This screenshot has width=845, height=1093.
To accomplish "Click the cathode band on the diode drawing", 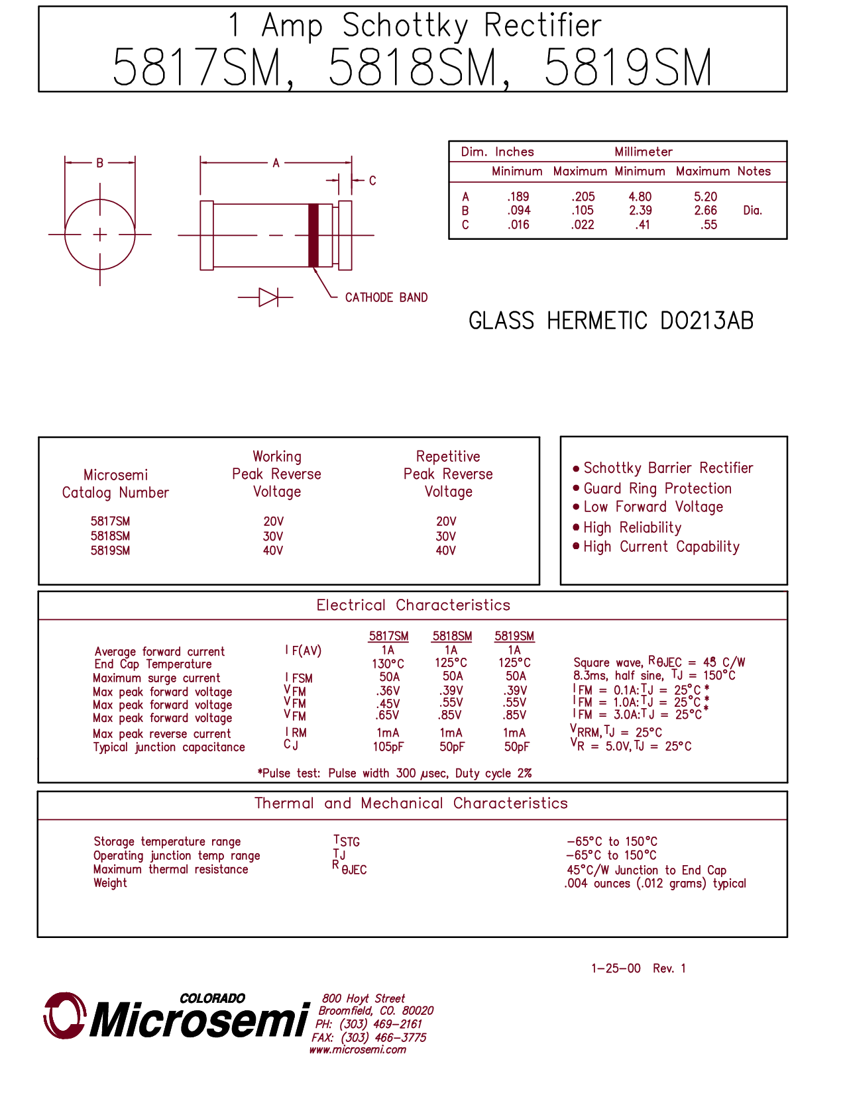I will [314, 235].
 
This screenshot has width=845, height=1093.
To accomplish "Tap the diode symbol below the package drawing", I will [268, 297].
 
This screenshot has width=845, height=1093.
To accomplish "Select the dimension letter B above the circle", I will [100, 163].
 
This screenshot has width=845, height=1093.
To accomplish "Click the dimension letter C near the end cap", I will [372, 180].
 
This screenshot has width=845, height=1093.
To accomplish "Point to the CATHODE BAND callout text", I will [386, 297].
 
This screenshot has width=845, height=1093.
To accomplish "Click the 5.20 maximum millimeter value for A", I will [705, 197].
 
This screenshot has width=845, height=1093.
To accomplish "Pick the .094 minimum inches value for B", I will [518, 211].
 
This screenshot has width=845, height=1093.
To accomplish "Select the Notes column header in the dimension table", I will [754, 172].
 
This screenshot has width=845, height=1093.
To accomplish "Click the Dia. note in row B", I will [752, 211].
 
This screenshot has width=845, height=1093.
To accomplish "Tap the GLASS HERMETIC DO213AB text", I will [610, 321].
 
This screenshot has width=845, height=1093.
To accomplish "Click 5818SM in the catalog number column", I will [110, 536].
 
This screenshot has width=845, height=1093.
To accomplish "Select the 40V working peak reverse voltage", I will [273, 550].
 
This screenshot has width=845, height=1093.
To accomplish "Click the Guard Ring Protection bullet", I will [657, 489].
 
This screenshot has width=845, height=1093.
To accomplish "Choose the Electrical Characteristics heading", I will [413, 605].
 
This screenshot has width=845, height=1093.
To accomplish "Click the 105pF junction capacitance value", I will [388, 747].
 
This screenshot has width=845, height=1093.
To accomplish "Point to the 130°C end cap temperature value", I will [388, 663].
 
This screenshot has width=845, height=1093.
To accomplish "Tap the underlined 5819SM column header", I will [514, 636].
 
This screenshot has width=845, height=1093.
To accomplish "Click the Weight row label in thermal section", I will [110, 883].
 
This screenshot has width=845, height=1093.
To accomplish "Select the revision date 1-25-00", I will [616, 968].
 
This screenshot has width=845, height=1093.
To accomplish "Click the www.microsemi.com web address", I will [357, 1050].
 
